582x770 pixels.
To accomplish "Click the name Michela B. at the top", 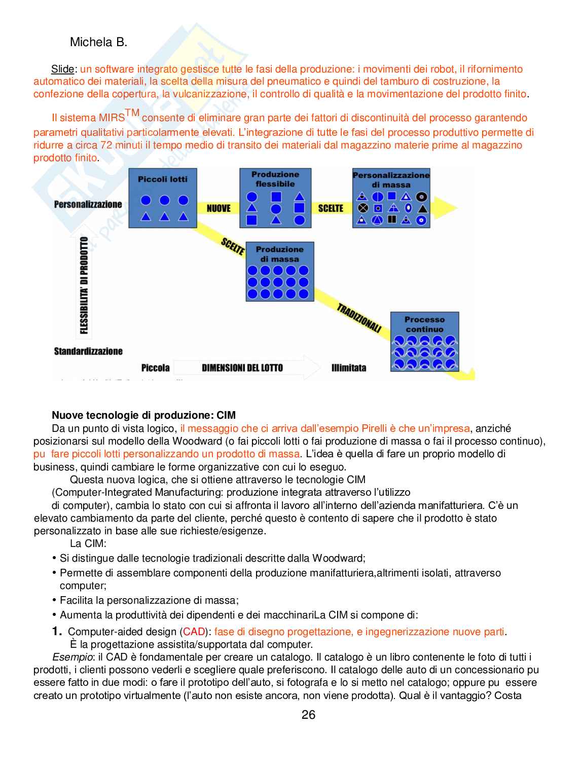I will [x=98, y=42].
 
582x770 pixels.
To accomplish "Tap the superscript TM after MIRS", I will [x=132, y=113].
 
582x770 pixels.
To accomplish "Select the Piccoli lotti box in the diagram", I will [x=162, y=198].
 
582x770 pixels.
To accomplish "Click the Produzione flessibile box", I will [x=275, y=198].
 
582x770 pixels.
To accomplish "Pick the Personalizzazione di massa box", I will [x=391, y=198].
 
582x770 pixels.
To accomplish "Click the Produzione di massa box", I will [x=279, y=272].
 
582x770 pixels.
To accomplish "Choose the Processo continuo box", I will [x=424, y=342].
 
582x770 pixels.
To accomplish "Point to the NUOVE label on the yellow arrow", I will [x=219, y=208].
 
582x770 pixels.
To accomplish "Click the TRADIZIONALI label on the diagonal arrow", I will [x=359, y=318].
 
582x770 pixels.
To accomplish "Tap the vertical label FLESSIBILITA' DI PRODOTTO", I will [x=84, y=286].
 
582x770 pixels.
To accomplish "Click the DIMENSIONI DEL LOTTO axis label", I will [x=242, y=368].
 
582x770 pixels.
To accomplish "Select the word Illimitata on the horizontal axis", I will [x=348, y=368].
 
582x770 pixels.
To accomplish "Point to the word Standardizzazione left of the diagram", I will [x=88, y=351].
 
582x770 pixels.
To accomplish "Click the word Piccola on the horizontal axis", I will [x=155, y=368].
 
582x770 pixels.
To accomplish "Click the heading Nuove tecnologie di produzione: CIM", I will [x=143, y=416].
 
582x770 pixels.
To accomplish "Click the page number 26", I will [x=308, y=715].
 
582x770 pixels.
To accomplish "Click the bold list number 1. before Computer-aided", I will [x=57, y=632].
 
